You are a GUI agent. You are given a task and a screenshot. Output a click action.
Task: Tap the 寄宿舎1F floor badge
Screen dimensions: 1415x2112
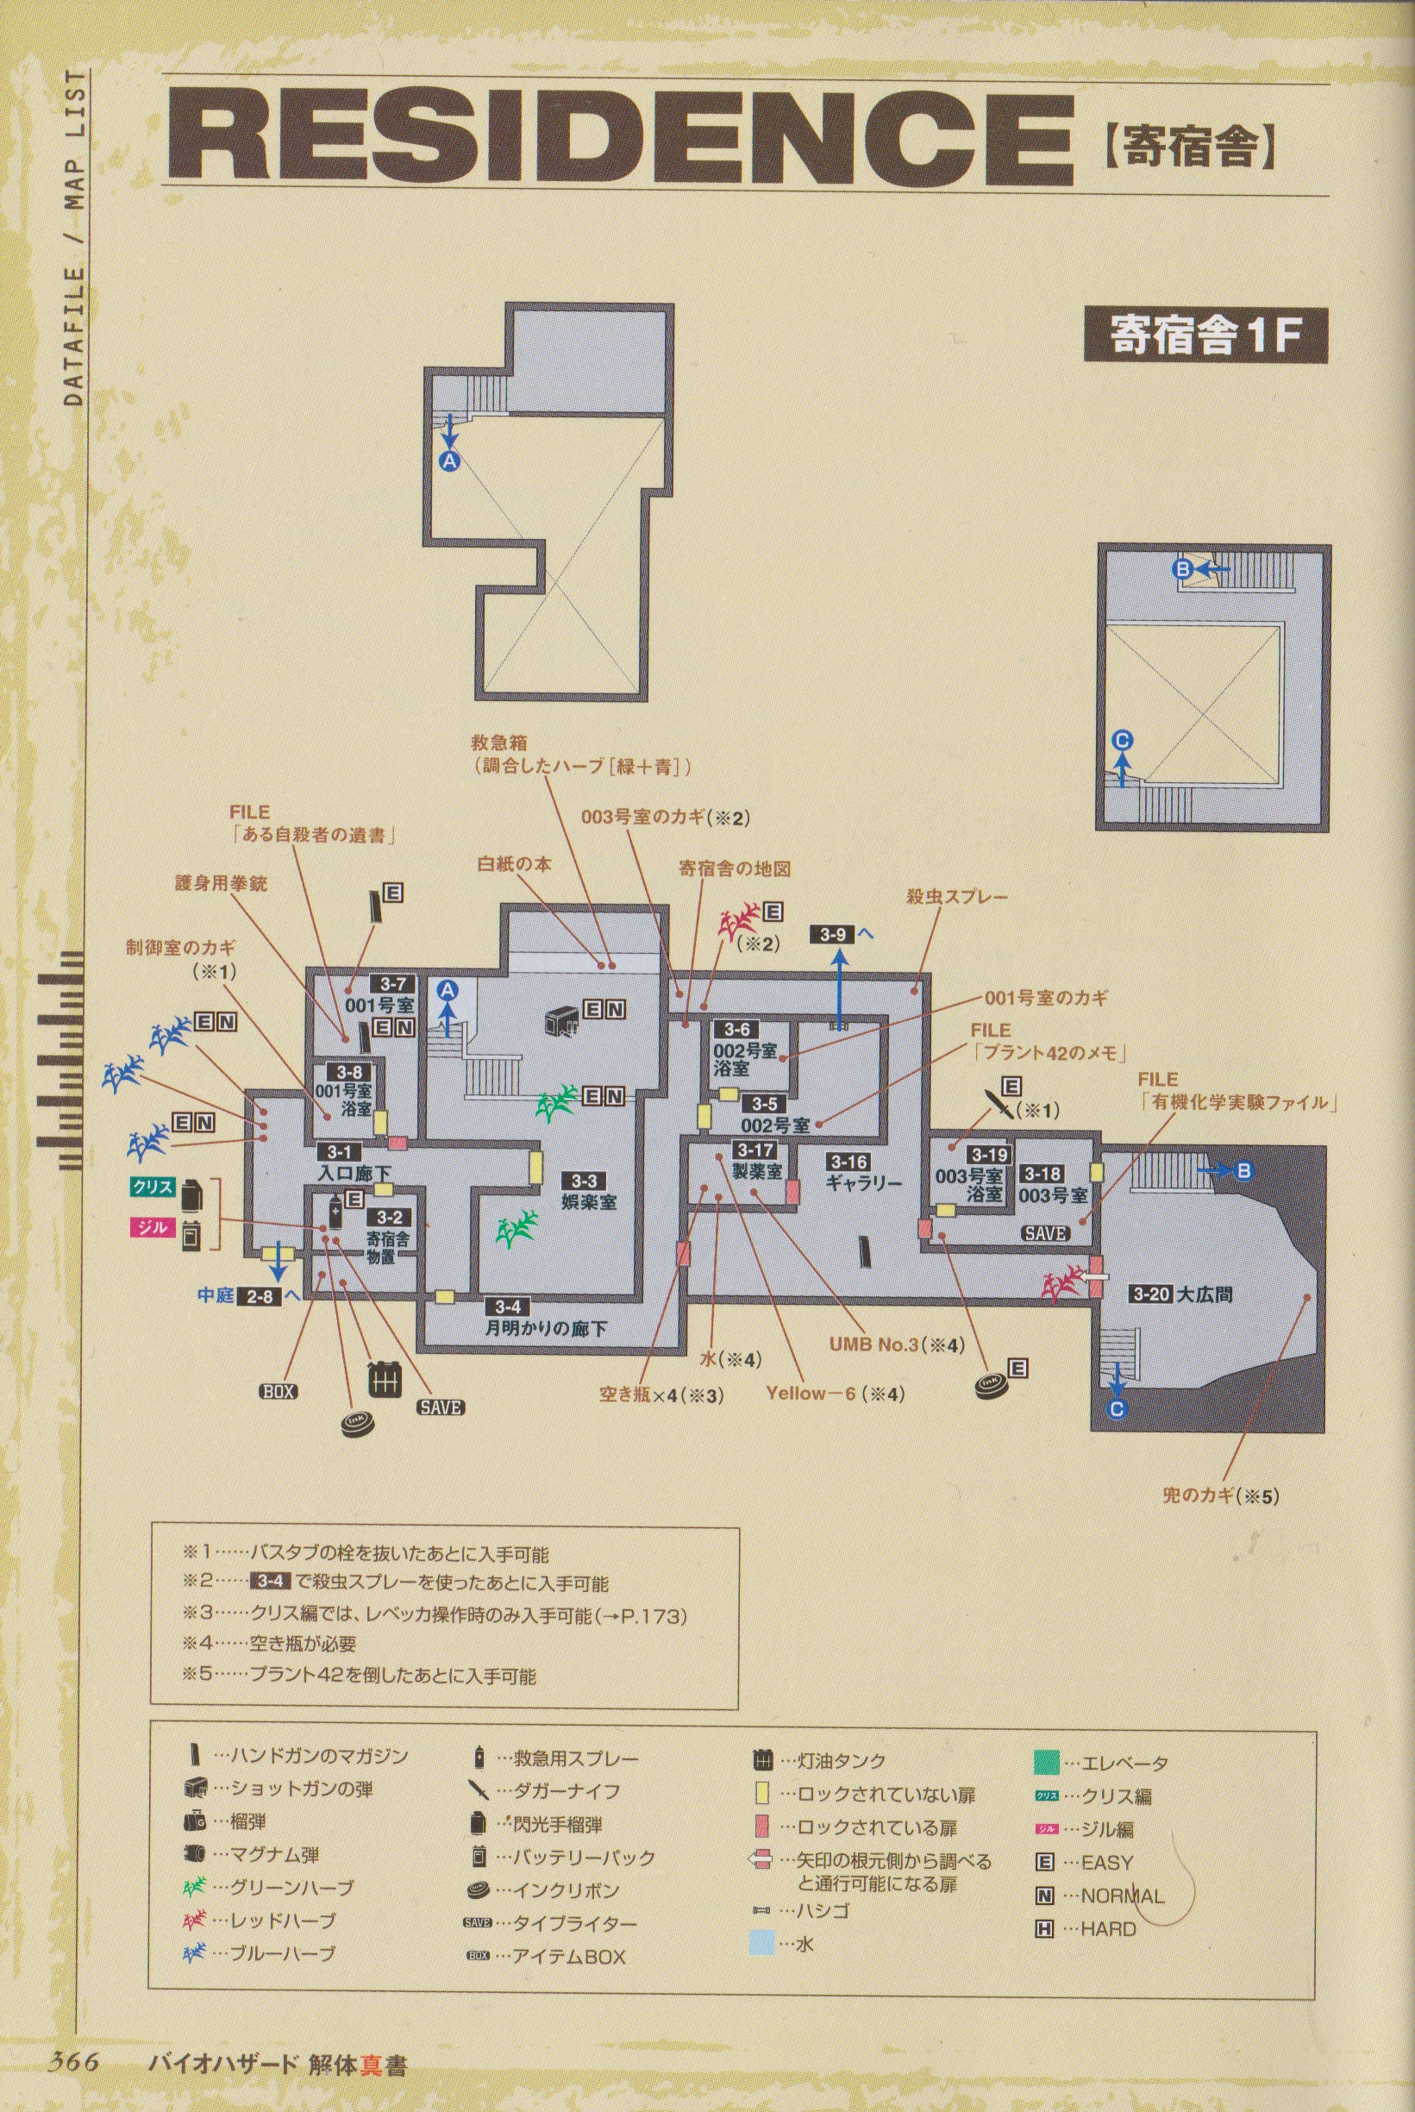pyautogui.click(x=1205, y=335)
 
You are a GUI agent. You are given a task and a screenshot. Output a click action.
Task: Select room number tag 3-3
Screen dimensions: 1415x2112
pyautogui.click(x=584, y=1181)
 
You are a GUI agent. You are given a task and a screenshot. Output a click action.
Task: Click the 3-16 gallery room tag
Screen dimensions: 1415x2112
pyautogui.click(x=849, y=1163)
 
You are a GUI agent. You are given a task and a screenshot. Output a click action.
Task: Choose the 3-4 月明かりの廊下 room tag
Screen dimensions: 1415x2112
pyautogui.click(x=507, y=1306)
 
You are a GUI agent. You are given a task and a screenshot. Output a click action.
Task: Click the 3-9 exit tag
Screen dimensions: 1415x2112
pyautogui.click(x=833, y=934)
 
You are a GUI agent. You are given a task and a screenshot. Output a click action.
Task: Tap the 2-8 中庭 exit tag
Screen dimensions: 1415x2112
pyautogui.click(x=259, y=1297)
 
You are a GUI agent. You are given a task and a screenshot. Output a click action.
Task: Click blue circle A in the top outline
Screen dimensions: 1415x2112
pyautogui.click(x=449, y=461)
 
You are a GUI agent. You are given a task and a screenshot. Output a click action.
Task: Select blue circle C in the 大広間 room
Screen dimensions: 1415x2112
pyautogui.click(x=1117, y=1410)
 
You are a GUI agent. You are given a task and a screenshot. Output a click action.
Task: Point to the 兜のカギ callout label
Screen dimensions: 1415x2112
pyautogui.click(x=1220, y=1495)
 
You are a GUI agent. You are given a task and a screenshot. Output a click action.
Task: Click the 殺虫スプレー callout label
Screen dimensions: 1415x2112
pyautogui.click(x=956, y=897)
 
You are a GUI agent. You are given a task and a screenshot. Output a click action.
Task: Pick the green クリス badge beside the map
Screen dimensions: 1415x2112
pyautogui.click(x=152, y=1188)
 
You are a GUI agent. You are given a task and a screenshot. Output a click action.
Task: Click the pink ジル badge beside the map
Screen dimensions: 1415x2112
pyautogui.click(x=152, y=1227)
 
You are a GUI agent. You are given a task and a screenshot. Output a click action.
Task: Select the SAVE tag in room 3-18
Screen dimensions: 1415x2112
pyautogui.click(x=1045, y=1233)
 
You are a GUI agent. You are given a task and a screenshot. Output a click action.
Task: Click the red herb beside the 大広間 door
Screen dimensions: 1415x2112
pyautogui.click(x=1063, y=1283)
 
